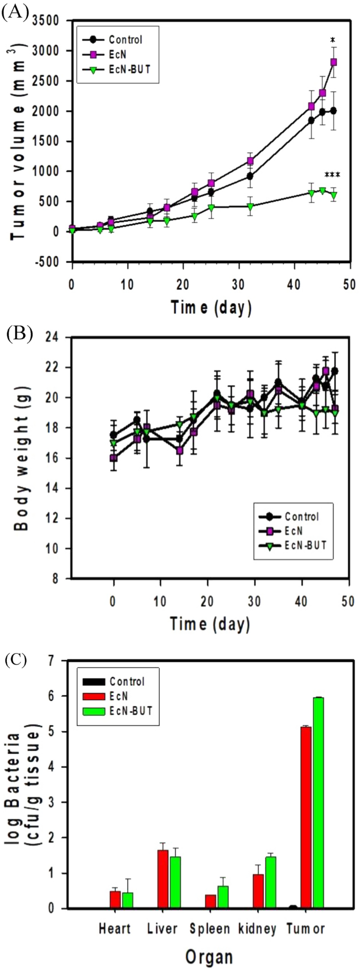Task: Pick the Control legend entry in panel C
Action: [126, 682]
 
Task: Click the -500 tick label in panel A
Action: [50, 262]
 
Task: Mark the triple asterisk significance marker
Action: [332, 175]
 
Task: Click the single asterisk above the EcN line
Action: [333, 40]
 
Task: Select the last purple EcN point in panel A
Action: [333, 62]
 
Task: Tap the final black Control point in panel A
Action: [333, 111]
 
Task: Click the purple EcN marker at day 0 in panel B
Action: [114, 458]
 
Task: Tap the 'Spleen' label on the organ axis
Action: [210, 929]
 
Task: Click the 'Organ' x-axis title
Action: [209, 957]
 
